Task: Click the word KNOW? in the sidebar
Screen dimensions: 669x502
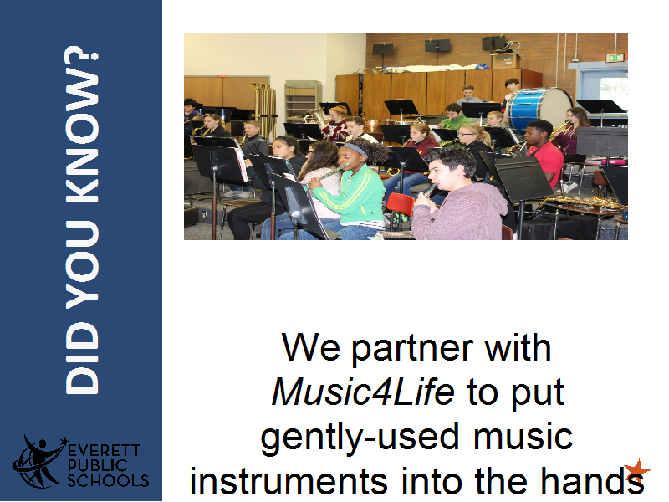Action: click(x=82, y=124)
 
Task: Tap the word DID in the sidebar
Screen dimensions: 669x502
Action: click(x=82, y=358)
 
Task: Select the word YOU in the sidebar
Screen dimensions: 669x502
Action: click(x=82, y=264)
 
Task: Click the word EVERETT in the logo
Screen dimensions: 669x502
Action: click(x=104, y=451)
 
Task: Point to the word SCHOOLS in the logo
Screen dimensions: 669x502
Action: click(x=109, y=480)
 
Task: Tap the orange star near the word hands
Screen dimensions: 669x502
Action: click(x=637, y=470)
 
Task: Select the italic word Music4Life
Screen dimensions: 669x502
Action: click(x=363, y=392)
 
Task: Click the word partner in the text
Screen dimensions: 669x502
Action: click(x=412, y=349)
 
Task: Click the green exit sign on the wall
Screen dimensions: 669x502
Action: click(x=615, y=58)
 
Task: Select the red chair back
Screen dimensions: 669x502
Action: click(x=401, y=204)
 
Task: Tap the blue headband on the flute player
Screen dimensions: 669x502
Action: click(x=355, y=149)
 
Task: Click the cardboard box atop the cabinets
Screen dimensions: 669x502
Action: click(x=506, y=61)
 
